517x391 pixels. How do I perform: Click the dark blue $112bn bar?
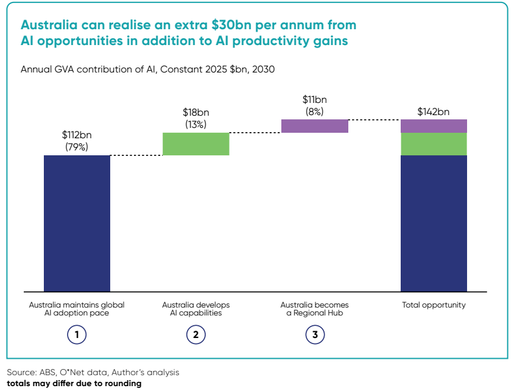coord(77,223)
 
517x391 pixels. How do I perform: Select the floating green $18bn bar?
coord(195,144)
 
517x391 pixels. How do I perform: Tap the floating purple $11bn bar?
coord(314,125)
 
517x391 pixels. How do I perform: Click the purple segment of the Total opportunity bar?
coord(434,125)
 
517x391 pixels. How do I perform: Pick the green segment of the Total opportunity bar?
coord(434,144)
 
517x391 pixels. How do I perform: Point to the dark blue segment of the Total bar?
coord(434,223)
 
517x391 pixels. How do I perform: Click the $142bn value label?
coord(434,111)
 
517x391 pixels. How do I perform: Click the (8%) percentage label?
coord(314,111)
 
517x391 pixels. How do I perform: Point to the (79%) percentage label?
coord(77,147)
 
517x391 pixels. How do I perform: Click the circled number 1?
coord(77,334)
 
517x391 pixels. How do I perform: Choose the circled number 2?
coord(195,334)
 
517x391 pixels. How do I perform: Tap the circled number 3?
coord(314,334)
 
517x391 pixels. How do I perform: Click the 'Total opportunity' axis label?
coord(434,305)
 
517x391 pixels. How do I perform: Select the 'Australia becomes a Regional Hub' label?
coord(314,309)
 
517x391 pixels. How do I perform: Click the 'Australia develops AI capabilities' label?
coord(195,309)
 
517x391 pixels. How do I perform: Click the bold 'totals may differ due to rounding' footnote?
coord(74,384)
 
